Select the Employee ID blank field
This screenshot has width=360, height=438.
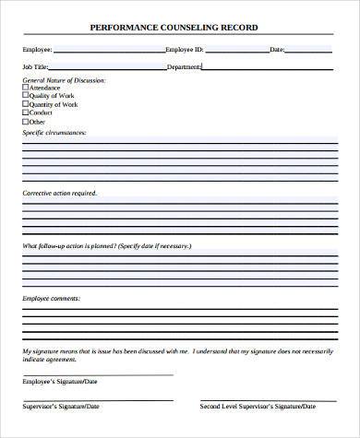click(236, 49)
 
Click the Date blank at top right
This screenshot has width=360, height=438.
click(309, 49)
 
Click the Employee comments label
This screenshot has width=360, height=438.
click(51, 300)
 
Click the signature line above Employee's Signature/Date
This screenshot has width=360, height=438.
click(97, 373)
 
